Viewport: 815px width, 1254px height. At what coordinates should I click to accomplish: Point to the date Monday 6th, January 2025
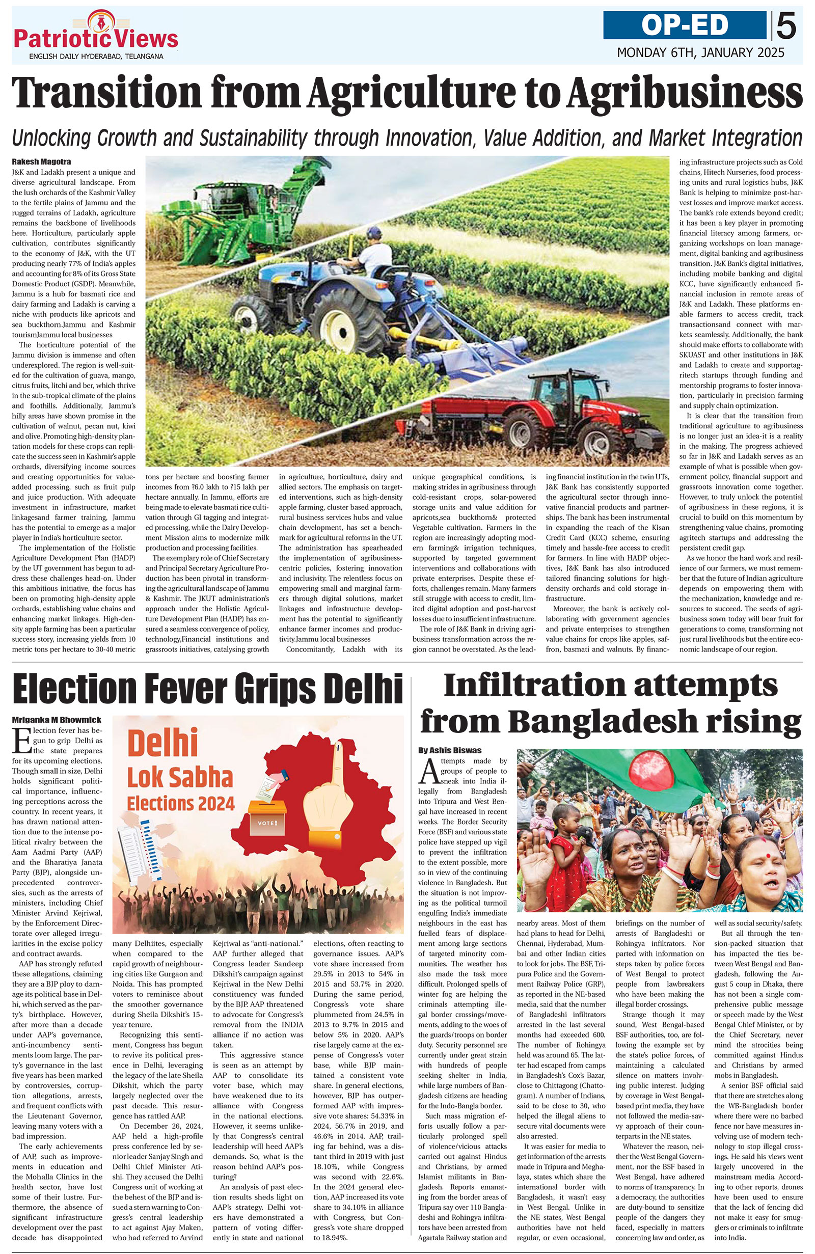point(700,52)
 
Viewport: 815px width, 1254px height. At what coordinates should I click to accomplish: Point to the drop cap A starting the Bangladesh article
point(428,774)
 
